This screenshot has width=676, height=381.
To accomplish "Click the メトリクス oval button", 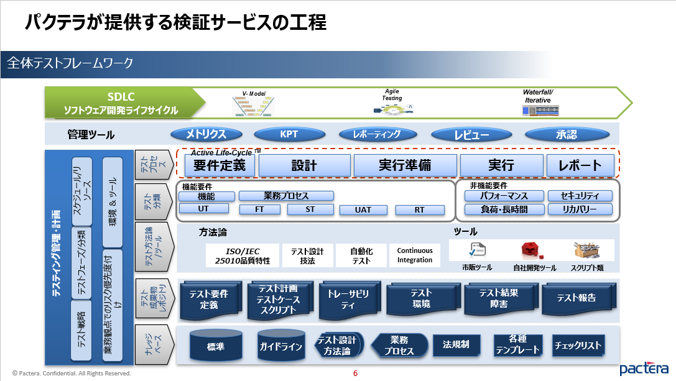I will [206, 134].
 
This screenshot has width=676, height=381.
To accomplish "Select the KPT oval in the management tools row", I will [289, 134].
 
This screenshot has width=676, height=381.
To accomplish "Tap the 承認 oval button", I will [566, 134].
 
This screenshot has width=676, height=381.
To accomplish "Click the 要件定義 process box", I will [220, 165].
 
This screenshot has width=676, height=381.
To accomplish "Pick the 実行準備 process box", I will [404, 165].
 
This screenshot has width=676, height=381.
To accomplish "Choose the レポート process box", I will [580, 165].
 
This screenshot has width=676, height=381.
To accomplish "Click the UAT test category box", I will [363, 209].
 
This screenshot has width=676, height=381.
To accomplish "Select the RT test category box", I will [420, 209].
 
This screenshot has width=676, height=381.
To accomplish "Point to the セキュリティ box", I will [580, 196].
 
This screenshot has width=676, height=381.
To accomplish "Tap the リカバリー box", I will [580, 209].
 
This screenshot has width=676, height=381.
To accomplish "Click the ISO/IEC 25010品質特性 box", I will [243, 255].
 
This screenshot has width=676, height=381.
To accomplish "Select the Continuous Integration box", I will [415, 255].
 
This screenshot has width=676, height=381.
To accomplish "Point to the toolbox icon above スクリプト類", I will [586, 250].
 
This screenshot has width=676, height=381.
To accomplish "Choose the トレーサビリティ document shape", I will [348, 300].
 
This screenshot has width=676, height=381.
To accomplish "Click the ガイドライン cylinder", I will [280, 346].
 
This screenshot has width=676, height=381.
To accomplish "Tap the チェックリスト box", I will [578, 345].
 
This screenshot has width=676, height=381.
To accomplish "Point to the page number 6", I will [355, 374].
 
